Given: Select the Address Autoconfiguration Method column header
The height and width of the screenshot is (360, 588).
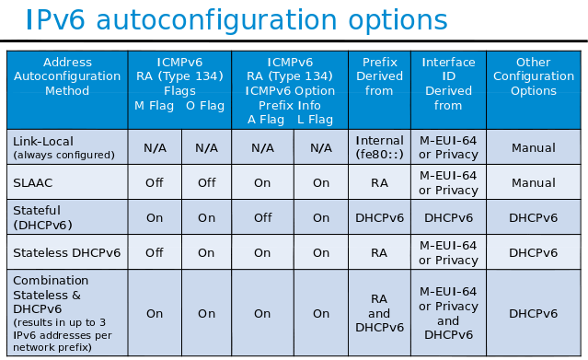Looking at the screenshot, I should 67,77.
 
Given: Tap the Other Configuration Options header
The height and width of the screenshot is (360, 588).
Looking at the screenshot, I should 534,77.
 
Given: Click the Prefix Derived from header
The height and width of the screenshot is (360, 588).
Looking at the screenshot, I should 378,77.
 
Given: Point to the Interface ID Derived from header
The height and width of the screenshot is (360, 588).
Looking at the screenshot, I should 448,84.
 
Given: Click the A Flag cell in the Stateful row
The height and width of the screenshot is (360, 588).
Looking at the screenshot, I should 262,217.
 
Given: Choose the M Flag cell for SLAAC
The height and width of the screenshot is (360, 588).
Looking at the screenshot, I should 155,182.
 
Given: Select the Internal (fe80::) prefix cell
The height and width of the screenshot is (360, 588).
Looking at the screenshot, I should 378,147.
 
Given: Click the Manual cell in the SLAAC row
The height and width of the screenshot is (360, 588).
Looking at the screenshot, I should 534,182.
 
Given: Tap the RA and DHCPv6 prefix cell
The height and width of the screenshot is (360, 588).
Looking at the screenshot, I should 378,313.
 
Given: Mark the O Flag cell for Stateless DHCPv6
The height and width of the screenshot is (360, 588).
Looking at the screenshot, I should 206,252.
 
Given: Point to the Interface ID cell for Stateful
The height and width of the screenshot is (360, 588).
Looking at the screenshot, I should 448,217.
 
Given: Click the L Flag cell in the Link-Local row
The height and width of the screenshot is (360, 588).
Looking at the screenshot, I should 320,147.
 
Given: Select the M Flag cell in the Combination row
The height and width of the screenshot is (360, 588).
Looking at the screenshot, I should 155,313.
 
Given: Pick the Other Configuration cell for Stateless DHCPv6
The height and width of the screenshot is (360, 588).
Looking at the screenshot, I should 534,252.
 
